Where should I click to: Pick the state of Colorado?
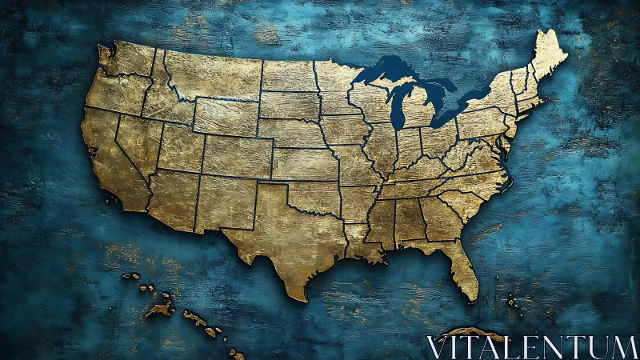coord(235,157)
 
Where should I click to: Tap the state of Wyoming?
coord(225,116)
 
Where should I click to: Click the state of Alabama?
coord(409,220)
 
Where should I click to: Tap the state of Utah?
coord(181,148)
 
